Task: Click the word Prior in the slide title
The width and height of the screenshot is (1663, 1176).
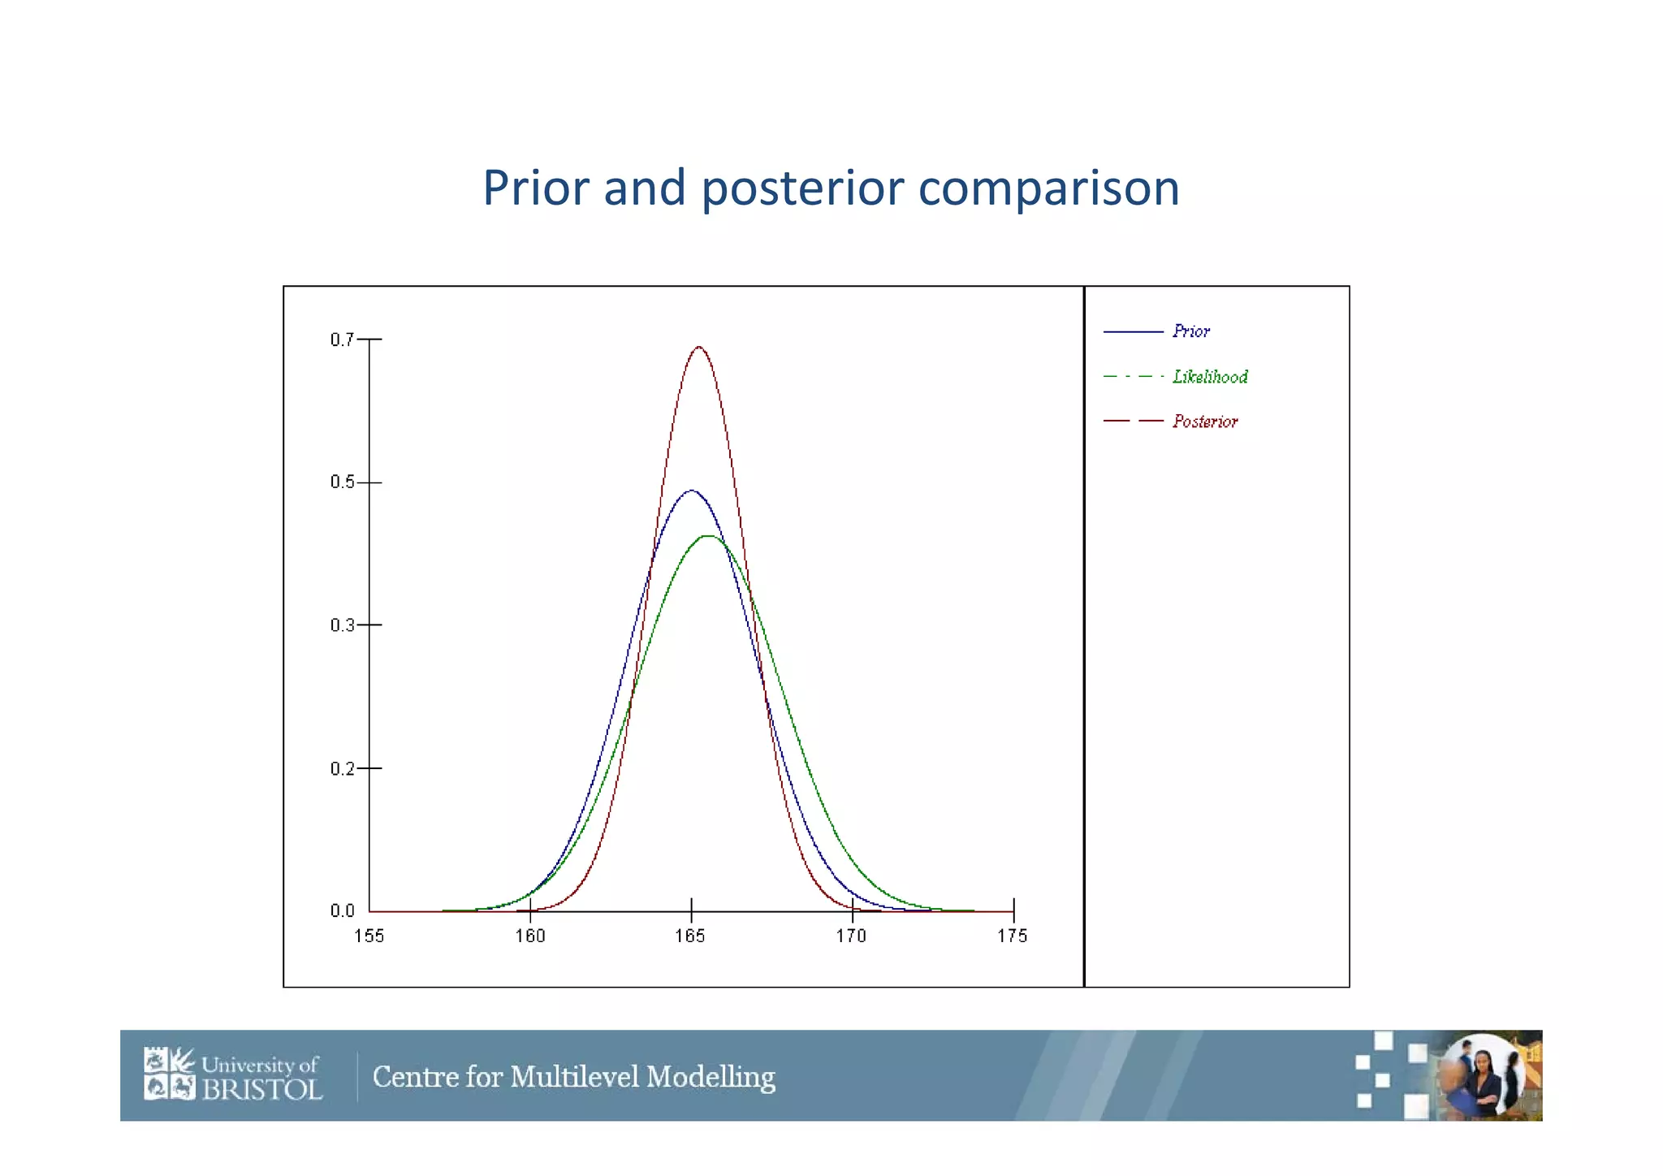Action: (x=535, y=188)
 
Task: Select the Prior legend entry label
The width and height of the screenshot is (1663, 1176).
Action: (x=1190, y=331)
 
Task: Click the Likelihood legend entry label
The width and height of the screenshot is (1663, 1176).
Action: (x=1209, y=377)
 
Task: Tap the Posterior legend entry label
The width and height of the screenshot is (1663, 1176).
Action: (x=1204, y=422)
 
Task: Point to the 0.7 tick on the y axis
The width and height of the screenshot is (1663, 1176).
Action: (x=343, y=339)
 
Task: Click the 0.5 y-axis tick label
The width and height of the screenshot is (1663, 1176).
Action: (x=343, y=482)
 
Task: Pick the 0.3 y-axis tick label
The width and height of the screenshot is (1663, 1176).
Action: (x=343, y=625)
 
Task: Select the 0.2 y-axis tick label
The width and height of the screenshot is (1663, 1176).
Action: (x=343, y=768)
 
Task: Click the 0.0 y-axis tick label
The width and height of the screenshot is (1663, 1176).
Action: (x=343, y=911)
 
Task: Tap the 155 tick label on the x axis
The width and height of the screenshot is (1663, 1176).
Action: (x=369, y=936)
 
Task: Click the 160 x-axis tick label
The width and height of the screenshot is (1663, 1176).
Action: (x=530, y=936)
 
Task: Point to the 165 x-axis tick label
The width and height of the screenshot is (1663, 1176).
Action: (x=690, y=936)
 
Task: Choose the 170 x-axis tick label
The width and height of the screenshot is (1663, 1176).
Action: (x=851, y=936)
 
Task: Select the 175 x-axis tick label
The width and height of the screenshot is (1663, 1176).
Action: (x=1013, y=936)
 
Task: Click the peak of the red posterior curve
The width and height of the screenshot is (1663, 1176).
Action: (x=698, y=348)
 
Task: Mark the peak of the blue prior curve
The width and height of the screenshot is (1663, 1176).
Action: (x=691, y=491)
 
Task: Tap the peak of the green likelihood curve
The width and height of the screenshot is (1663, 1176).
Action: (x=708, y=536)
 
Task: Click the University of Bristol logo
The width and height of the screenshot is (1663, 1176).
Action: (x=233, y=1074)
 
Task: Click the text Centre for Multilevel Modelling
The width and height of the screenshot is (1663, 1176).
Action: (x=573, y=1077)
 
